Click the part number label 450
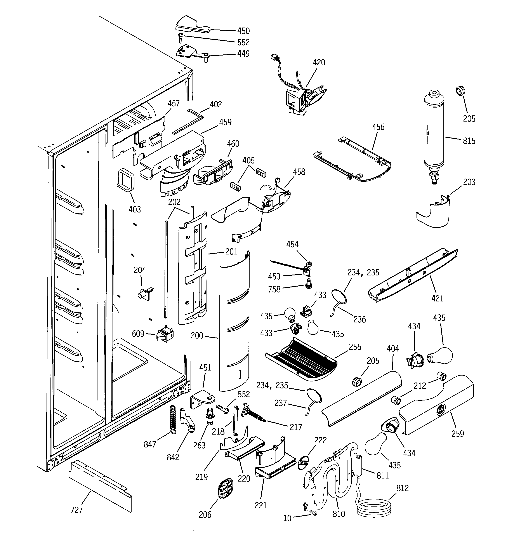point(243,31)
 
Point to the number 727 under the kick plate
point(76,510)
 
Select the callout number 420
point(319,62)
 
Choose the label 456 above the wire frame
point(378,127)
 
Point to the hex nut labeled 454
point(309,264)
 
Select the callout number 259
point(457,433)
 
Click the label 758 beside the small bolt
point(274,289)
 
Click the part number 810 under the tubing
point(339,514)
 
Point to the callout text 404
point(393,349)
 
